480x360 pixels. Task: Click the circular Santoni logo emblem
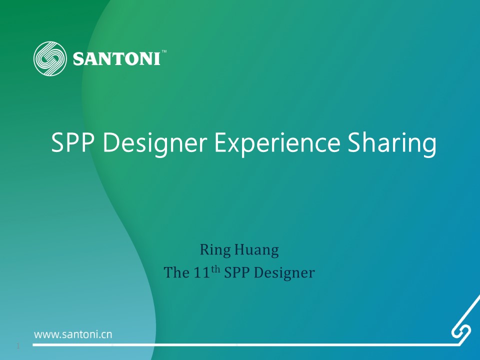click(x=50, y=58)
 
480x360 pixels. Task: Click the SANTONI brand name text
click(x=116, y=58)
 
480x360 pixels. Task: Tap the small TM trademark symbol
click(x=164, y=51)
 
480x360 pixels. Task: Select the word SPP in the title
click(x=72, y=142)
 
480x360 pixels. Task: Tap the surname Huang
click(x=256, y=250)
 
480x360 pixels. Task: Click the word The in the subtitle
click(x=176, y=272)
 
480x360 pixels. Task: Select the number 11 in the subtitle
click(x=201, y=272)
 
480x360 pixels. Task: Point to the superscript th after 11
click(x=215, y=269)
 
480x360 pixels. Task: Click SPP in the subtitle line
click(x=236, y=272)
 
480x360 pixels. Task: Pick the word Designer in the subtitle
click(x=284, y=273)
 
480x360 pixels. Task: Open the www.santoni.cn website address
click(x=73, y=334)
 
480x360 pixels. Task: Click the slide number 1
click(x=18, y=346)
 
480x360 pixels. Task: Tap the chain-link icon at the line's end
click(x=461, y=331)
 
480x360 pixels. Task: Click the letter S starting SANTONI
click(x=78, y=59)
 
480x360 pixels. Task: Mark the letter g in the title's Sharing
click(x=429, y=146)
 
